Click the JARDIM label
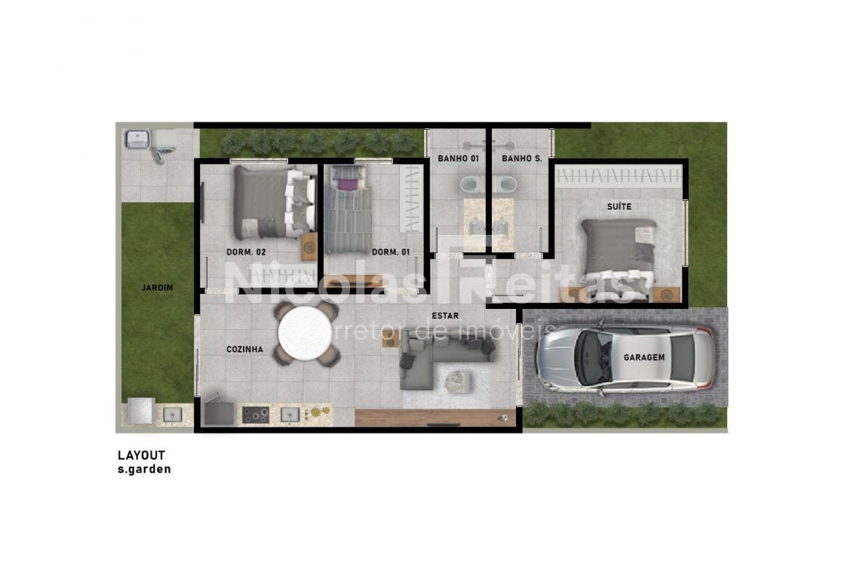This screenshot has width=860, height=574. click(x=158, y=288)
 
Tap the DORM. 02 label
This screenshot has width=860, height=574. click(x=246, y=253)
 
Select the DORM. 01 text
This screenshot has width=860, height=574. click(x=391, y=253)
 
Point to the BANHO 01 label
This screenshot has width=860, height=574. click(x=459, y=159)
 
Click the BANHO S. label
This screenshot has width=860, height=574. click(x=522, y=159)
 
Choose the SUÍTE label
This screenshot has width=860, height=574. click(x=619, y=206)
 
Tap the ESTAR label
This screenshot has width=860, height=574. click(x=445, y=316)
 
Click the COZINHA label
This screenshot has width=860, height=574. click(x=244, y=350)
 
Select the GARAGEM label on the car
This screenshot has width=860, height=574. click(x=644, y=357)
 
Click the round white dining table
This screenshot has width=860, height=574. click(x=305, y=333)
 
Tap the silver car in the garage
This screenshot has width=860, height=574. click(x=625, y=358)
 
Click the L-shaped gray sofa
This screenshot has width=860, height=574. click(x=433, y=360)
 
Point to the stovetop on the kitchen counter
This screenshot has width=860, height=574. click(x=256, y=415)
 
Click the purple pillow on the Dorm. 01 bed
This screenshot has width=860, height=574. click(x=346, y=184)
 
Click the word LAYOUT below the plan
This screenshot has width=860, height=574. click(x=142, y=455)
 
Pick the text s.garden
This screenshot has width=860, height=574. click(x=144, y=470)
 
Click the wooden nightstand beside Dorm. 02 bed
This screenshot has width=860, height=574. click(x=309, y=247)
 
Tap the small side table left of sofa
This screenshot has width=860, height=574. click(x=390, y=338)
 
